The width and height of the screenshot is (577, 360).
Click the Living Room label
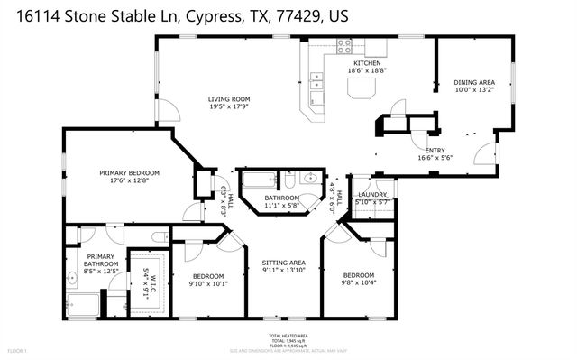228,99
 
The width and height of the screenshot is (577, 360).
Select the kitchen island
362,88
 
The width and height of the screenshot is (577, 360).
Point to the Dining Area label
473,83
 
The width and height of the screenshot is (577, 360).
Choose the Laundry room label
371,195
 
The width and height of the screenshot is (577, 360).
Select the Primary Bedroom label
129,172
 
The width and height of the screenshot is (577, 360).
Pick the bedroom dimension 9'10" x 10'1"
207,283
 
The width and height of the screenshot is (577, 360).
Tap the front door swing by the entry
485,155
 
